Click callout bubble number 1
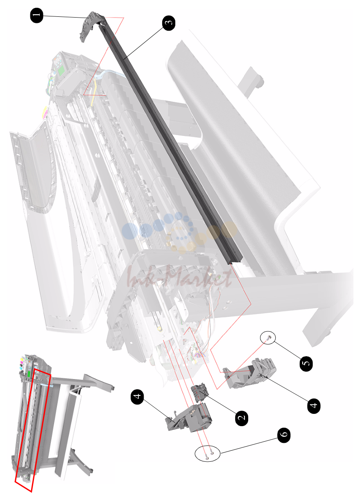(37, 15)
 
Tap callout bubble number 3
(169, 23)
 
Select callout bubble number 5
(306, 364)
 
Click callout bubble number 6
(284, 435)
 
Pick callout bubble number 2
(242, 418)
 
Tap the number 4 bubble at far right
(314, 406)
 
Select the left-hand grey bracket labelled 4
(190, 417)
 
